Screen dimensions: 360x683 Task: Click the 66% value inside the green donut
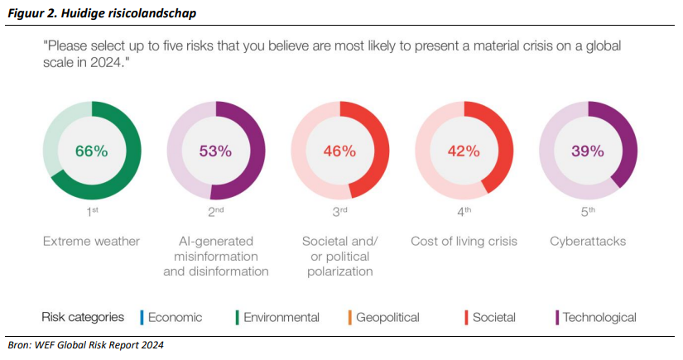click(x=92, y=151)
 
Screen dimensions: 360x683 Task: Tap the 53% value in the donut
click(x=215, y=151)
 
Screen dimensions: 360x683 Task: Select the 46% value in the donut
click(x=339, y=151)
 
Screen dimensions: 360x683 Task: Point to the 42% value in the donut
click(x=464, y=151)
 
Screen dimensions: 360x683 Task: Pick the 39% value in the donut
click(x=588, y=151)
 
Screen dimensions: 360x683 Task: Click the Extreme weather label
click(x=92, y=242)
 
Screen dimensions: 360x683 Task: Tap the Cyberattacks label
click(x=588, y=242)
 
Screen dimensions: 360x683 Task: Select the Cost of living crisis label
click(x=464, y=242)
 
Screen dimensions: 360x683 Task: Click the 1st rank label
click(x=92, y=212)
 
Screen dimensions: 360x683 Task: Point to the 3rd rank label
click(x=339, y=212)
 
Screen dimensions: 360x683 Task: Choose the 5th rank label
click(x=588, y=212)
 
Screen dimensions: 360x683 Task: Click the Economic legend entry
click(x=174, y=317)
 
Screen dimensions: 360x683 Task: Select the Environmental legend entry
click(x=281, y=317)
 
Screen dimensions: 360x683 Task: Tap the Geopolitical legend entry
click(x=387, y=317)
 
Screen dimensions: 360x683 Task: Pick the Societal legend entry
click(x=493, y=317)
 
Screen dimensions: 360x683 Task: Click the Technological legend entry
click(x=599, y=317)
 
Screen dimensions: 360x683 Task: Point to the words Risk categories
click(x=83, y=317)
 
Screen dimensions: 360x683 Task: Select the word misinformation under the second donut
click(x=215, y=257)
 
